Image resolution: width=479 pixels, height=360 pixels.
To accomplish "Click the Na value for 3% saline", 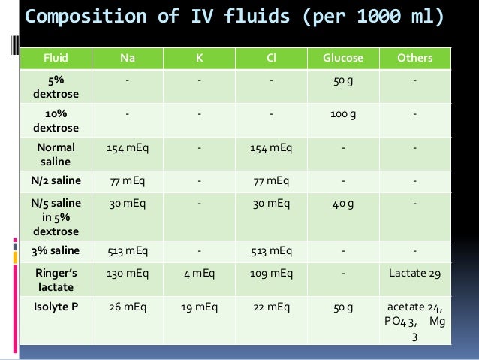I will click(127, 250).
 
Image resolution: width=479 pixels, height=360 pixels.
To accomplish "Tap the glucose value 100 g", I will click(343, 114).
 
